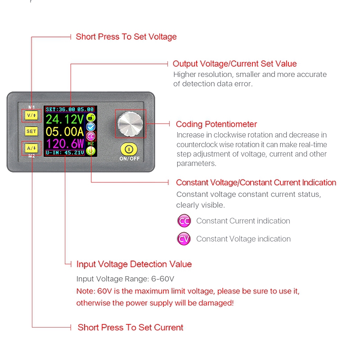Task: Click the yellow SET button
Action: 31,131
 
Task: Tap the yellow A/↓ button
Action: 31,147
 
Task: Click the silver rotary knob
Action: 130,123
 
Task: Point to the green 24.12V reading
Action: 65,119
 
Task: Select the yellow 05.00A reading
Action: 65,131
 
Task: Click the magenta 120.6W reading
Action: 65,144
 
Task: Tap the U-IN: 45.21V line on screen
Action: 65,153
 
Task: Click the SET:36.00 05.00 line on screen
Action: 70,109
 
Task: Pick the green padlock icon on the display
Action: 91,118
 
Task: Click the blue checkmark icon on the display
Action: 91,127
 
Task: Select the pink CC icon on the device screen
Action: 91,136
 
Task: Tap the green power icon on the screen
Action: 91,151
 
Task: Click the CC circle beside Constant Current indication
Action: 184,221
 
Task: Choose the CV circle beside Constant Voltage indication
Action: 184,239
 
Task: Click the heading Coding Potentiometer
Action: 216,124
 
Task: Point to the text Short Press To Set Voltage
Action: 126,37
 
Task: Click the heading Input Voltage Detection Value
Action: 134,264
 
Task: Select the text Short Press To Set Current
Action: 130,328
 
